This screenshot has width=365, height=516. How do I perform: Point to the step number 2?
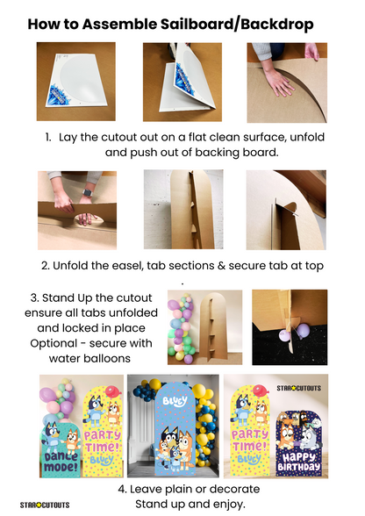click(x=45, y=265)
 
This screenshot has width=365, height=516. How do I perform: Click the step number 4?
click(x=122, y=488)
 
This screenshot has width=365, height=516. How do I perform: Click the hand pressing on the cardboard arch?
click(x=280, y=80)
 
